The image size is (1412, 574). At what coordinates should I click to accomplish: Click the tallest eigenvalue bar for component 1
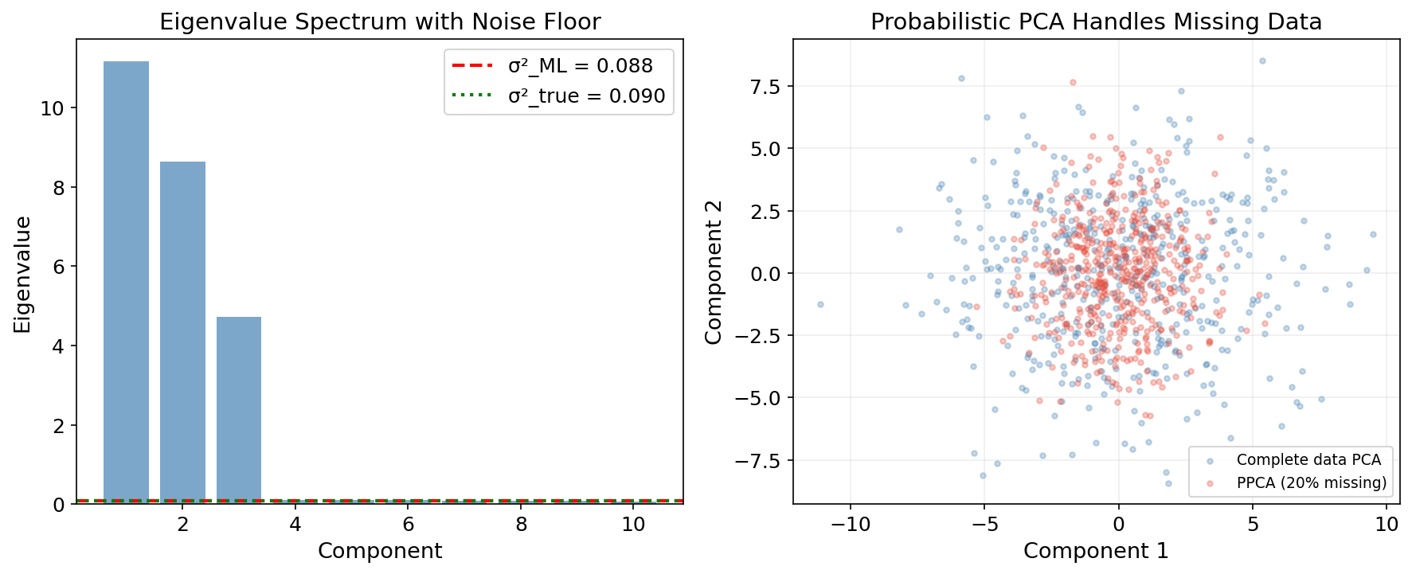(126, 282)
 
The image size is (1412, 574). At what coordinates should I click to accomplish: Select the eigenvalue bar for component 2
(182, 332)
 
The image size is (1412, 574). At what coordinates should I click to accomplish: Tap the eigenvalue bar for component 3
(239, 410)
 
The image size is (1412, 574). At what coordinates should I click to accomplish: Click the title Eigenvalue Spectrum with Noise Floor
(380, 21)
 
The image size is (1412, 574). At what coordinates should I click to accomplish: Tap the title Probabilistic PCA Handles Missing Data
(1096, 21)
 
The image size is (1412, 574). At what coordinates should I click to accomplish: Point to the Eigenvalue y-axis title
(22, 274)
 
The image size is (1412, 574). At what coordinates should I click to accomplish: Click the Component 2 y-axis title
(714, 272)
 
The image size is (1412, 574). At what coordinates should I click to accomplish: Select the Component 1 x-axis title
(1096, 551)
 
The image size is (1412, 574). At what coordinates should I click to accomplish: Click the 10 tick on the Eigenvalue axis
(52, 108)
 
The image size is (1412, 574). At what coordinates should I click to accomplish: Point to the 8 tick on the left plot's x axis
(521, 525)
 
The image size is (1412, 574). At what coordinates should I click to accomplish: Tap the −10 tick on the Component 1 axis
(850, 525)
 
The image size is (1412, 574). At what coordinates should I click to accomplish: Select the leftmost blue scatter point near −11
(820, 304)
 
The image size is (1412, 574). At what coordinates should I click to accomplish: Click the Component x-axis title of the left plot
(380, 551)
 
